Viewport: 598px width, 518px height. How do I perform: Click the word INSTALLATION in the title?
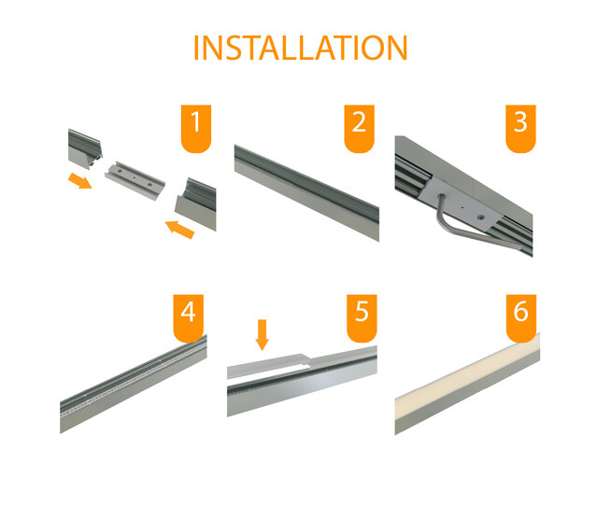[x=300, y=48]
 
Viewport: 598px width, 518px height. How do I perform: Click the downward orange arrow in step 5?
[x=262, y=333]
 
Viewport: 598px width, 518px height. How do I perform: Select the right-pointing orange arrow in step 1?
[x=81, y=179]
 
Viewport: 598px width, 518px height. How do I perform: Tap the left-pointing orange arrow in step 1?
[x=179, y=228]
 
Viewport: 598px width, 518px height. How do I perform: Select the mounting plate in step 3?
[x=459, y=199]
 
